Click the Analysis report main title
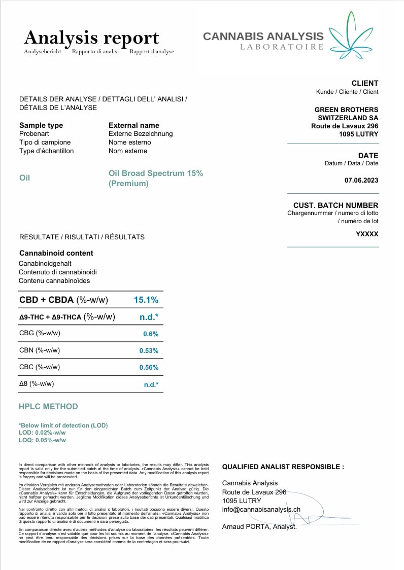(92, 38)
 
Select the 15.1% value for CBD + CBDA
(146, 300)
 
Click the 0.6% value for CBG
(151, 334)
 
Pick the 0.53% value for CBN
(149, 350)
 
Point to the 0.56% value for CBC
(149, 367)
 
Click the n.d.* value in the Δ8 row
(151, 384)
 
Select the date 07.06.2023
(361, 180)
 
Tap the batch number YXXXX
(367, 234)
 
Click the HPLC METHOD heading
(48, 406)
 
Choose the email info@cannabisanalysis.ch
(261, 509)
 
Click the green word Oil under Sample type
(24, 177)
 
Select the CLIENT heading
(364, 83)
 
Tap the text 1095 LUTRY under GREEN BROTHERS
(359, 134)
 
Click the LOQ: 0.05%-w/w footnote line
(42, 440)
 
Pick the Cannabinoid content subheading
(56, 253)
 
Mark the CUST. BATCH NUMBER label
(335, 205)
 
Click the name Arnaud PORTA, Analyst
(259, 526)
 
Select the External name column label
(134, 125)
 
